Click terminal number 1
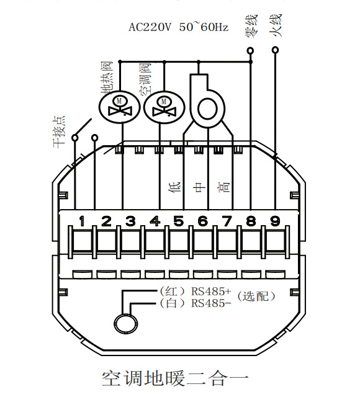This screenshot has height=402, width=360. [x=82, y=221]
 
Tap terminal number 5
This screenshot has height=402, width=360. [x=179, y=221]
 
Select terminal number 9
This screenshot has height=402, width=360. [x=275, y=221]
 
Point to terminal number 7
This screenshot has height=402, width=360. [x=227, y=221]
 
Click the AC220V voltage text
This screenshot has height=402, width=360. [x=150, y=27]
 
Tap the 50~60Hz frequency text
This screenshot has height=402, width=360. [x=204, y=27]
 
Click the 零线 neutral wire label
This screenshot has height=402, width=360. [x=251, y=25]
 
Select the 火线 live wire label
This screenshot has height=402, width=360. [x=276, y=25]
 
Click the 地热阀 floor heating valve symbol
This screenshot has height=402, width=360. [x=119, y=106]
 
